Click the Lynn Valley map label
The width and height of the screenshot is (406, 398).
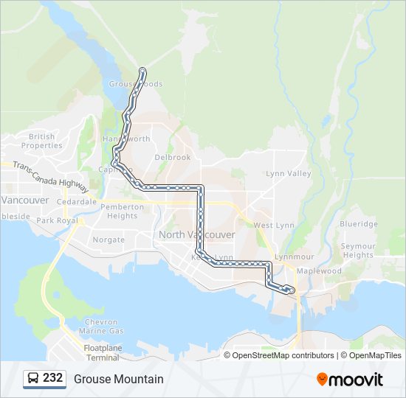[x=288, y=173]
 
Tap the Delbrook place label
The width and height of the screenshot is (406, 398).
[x=173, y=157]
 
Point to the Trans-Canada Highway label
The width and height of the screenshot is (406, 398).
[x=55, y=178]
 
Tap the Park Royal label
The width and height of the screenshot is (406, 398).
[x=57, y=220]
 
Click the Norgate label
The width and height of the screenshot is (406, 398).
[x=109, y=240]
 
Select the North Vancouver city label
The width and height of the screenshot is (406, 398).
[x=196, y=234]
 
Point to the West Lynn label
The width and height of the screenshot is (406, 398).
[x=273, y=225]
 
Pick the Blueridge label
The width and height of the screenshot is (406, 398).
[x=359, y=224]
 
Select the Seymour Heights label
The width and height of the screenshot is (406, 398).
[x=358, y=251]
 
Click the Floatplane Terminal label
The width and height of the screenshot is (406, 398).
[x=101, y=352]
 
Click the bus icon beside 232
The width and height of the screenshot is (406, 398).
[x=33, y=379]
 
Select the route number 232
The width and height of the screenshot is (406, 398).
[x=52, y=378]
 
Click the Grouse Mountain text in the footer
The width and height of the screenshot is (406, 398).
[x=118, y=379]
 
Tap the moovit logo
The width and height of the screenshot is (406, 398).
[x=350, y=379]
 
